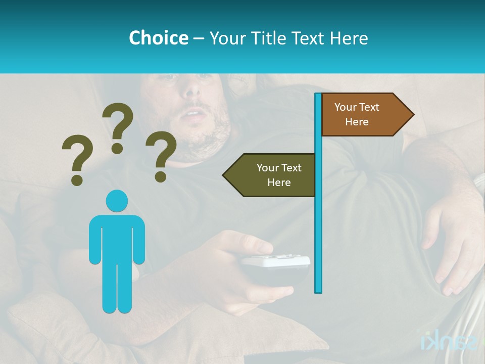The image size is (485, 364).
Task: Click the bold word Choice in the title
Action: pos(158,38)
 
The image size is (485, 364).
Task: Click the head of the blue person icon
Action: pos(117,201)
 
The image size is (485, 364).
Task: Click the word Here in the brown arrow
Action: pos(357,122)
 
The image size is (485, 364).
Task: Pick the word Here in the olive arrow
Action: pos(279,183)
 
